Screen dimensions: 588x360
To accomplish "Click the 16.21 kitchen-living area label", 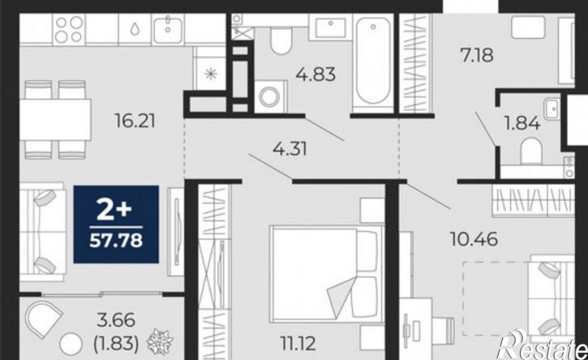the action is tap(135, 121).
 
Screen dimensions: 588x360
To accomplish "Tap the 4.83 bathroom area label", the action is tap(315, 75).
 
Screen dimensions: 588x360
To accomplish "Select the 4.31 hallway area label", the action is tap(290, 149).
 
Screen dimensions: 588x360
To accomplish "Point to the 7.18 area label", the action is tap(477, 55).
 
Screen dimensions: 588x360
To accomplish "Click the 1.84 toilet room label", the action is tap(522, 122).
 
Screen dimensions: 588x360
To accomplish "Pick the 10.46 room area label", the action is tap(474, 239).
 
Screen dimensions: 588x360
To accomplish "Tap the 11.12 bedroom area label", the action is tap(298, 343).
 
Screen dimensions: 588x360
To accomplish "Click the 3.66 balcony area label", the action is tap(116, 320).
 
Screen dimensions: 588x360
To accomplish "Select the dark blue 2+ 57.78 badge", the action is tap(116, 225).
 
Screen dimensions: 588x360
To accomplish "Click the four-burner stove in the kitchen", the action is tap(69, 30).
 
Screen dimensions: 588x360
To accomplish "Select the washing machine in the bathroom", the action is tap(270, 96).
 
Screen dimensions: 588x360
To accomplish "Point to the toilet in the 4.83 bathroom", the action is tap(281, 39).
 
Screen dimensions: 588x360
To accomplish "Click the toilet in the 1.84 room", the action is tap(531, 151).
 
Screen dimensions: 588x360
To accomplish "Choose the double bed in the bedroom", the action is tap(326, 274).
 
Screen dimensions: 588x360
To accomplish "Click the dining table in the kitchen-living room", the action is tap(55, 120).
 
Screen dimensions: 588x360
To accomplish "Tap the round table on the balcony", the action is tap(71, 344).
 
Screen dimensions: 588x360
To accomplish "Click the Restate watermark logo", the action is tap(543, 345).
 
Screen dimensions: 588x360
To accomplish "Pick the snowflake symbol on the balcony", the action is tap(160, 341).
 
